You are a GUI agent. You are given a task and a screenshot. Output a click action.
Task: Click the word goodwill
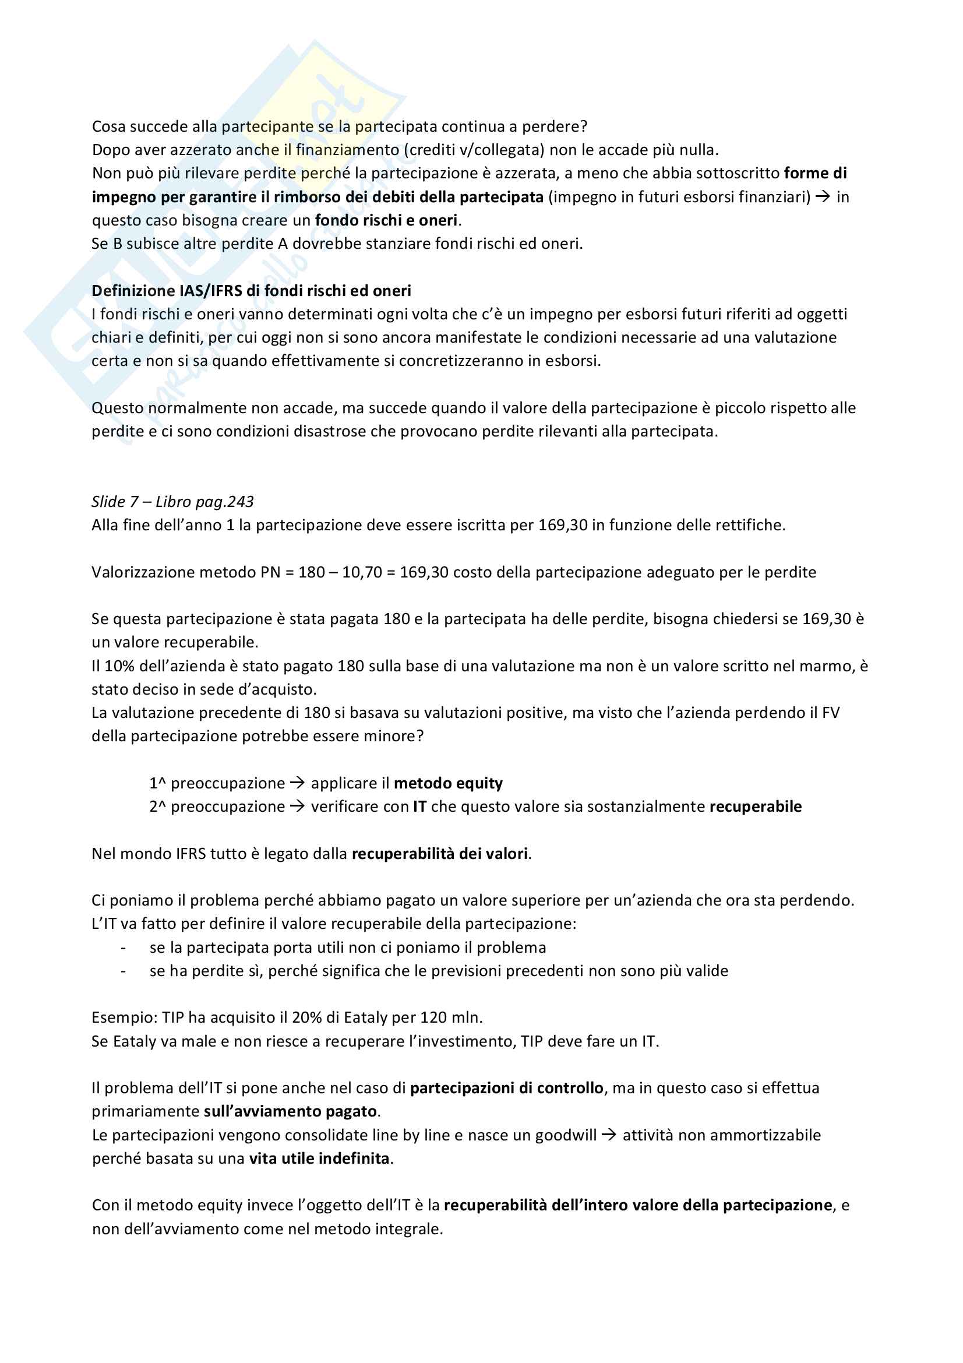tap(566, 1135)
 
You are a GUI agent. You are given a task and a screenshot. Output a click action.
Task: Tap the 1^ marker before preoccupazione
tap(157, 784)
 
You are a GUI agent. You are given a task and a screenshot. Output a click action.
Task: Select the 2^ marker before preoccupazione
tap(157, 806)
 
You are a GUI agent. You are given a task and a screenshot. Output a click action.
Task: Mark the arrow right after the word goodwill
tap(609, 1135)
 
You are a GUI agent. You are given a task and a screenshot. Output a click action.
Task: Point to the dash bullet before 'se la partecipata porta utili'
tap(124, 948)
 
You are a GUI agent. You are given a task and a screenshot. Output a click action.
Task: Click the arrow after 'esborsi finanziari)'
tap(823, 197)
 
